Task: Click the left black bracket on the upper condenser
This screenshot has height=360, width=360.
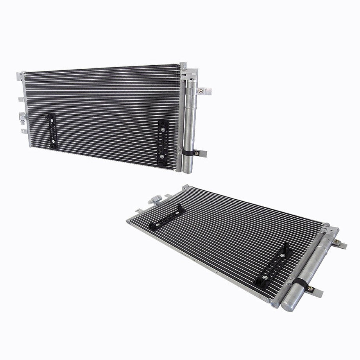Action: click(52, 131)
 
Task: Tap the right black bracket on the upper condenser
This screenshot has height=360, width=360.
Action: click(163, 143)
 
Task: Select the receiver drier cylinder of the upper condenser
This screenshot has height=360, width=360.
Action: click(190, 121)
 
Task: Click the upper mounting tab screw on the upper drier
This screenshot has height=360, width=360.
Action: click(201, 91)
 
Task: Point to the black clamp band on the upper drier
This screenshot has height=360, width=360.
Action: click(188, 152)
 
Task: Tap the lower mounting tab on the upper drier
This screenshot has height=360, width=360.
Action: click(201, 153)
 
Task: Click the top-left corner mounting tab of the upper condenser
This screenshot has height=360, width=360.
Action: click(19, 76)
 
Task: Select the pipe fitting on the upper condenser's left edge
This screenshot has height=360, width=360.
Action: click(23, 117)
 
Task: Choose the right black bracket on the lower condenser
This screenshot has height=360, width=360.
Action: click(273, 265)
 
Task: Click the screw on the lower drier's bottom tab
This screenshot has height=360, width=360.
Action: click(311, 288)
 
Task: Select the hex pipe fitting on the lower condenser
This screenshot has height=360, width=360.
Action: click(155, 201)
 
